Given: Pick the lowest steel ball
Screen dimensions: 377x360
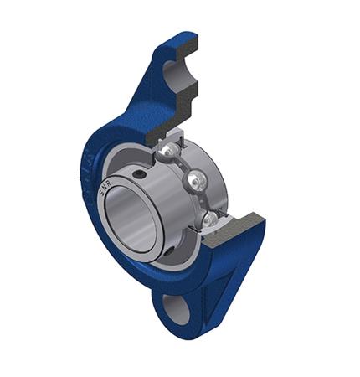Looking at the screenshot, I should [208, 219].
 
